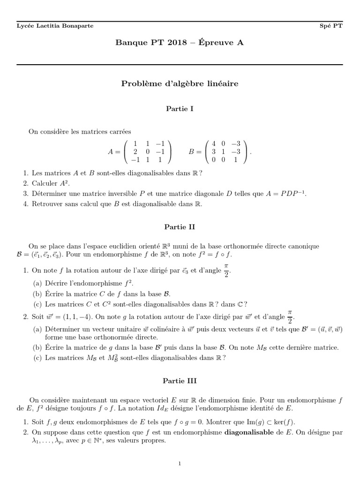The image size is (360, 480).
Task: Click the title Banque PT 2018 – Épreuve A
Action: [180, 43]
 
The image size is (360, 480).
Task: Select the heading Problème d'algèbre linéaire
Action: [180, 84]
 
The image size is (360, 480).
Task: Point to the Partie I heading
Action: [180, 109]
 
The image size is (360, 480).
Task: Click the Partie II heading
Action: [180, 227]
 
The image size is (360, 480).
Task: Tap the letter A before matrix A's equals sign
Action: [111, 152]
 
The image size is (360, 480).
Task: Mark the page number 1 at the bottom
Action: [180, 464]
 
